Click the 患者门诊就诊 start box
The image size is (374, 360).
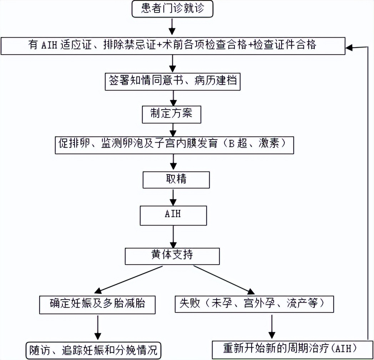(x=172, y=9)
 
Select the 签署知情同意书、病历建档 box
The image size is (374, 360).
(x=173, y=81)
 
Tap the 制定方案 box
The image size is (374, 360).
(x=172, y=114)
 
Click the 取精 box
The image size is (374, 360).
(x=176, y=180)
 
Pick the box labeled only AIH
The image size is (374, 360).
(x=173, y=215)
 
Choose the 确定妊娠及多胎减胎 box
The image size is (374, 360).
(x=97, y=304)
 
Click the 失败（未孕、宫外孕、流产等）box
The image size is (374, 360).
(x=254, y=304)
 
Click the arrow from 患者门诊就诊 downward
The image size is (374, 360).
(x=172, y=26)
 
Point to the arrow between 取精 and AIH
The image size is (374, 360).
(x=173, y=196)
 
